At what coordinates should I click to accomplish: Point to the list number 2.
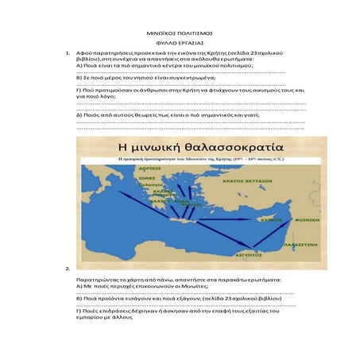coord(69,269)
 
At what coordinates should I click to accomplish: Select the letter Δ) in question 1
coord(78,115)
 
